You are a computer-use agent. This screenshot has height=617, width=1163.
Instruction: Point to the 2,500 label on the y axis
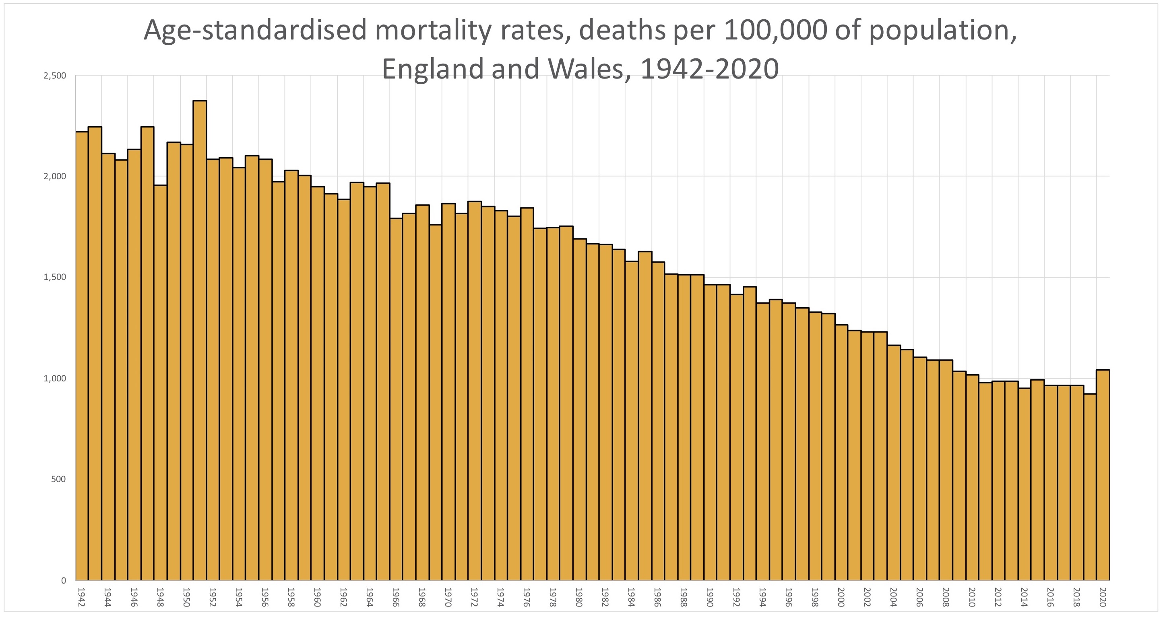click(55, 75)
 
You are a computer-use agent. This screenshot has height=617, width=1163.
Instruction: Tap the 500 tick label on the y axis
click(58, 479)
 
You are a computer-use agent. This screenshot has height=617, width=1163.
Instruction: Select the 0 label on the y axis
click(63, 580)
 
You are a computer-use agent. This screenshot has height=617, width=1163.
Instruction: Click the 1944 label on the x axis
click(107, 597)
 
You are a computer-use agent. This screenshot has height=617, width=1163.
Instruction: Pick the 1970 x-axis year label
click(448, 597)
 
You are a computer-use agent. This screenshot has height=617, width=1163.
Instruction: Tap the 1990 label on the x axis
click(710, 597)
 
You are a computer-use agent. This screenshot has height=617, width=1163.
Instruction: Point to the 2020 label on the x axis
click(1103, 597)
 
